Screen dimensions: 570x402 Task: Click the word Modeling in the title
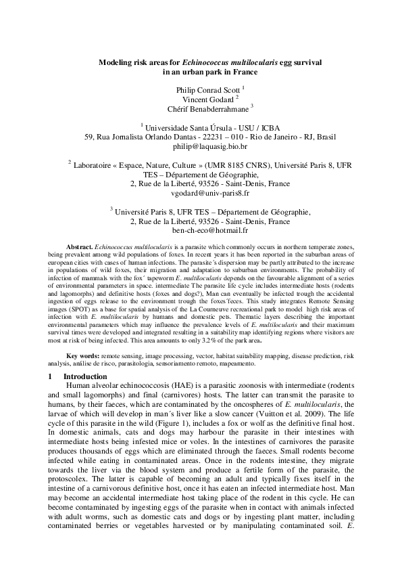click(116, 62)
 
